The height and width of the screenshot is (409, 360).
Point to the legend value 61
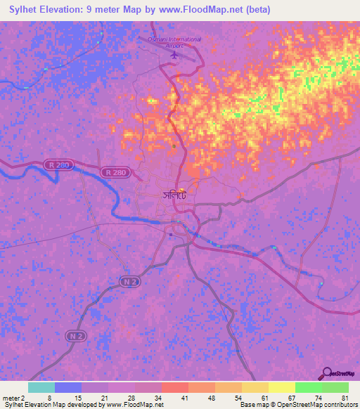pyautogui.click(x=253, y=397)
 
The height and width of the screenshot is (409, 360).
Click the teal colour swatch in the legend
pyautogui.click(x=41, y=387)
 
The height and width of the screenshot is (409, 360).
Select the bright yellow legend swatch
pyautogui.click(x=282, y=387)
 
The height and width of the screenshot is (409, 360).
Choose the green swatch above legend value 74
pyautogui.click(x=309, y=387)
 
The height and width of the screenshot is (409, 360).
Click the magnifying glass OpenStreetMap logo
pyautogui.click(x=325, y=374)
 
